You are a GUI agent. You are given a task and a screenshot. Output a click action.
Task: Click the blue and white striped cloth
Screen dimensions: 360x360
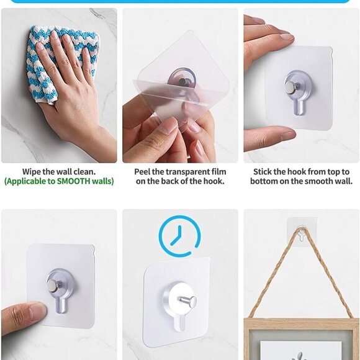[47, 59]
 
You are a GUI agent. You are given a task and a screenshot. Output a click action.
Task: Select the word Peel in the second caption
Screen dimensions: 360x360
[145, 171]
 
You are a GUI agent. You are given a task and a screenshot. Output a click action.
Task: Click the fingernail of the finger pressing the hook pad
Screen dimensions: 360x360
[36, 308]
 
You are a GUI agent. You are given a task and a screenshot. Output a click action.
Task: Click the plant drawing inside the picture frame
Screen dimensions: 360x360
[300, 354]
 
